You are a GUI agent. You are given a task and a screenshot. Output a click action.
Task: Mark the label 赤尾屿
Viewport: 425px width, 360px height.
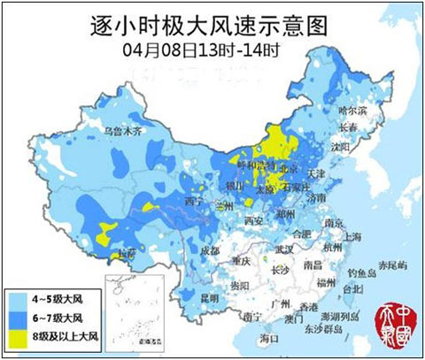393,265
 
